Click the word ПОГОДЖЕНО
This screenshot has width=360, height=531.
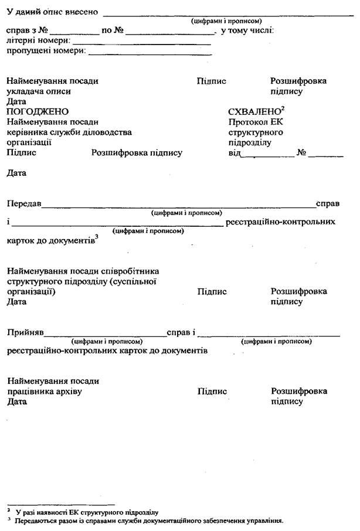pyautogui.click(x=38, y=112)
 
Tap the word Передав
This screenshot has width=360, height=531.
pyautogui.click(x=23, y=204)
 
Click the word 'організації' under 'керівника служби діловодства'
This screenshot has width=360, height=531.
pyautogui.click(x=29, y=142)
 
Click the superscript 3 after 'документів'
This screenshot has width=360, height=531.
pyautogui.click(x=96, y=237)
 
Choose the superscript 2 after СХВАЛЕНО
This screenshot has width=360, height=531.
pyautogui.click(x=283, y=108)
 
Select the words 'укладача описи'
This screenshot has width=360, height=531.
pyautogui.click(x=35, y=91)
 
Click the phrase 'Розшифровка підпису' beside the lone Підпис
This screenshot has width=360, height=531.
pyautogui.click(x=137, y=153)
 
